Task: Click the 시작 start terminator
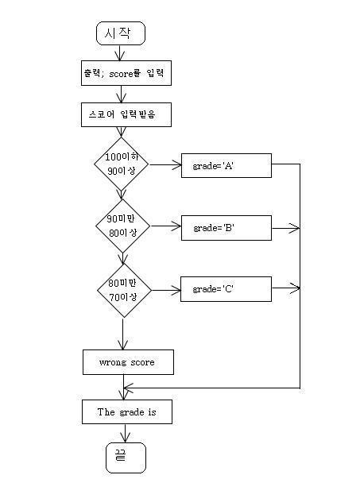[121, 33]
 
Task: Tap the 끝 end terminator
[126, 458]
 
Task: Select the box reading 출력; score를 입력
[126, 73]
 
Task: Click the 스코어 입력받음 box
[126, 114]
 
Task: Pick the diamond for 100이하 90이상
[121, 164]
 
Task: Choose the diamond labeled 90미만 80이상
[122, 226]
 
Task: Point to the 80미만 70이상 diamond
[124, 291]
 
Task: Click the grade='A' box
[226, 165]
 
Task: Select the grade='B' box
[226, 228]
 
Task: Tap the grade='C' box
[226, 289]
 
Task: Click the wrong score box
[128, 362]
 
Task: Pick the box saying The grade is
[127, 411]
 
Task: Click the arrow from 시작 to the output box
[119, 53]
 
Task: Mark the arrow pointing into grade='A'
[165, 165]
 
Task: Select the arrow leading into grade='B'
[166, 226]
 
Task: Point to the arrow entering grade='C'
[166, 291]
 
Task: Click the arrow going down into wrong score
[122, 334]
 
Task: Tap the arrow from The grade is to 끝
[125, 434]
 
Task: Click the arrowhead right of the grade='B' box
[295, 228]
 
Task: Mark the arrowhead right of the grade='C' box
[295, 288]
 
